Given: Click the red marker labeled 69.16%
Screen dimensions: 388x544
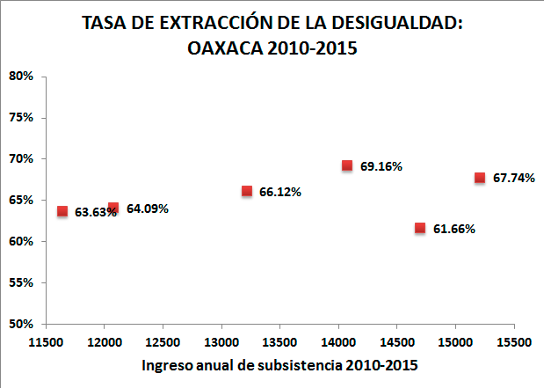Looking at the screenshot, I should tap(347, 165).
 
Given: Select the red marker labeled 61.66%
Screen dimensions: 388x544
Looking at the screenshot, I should tap(420, 228).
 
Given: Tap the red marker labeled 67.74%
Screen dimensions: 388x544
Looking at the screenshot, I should tap(480, 178).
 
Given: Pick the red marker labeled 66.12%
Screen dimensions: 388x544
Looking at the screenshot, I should tap(247, 191).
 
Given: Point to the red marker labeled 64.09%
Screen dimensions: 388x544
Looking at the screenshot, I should tap(113, 208).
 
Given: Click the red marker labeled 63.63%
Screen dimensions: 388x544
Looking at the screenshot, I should tap(62, 211).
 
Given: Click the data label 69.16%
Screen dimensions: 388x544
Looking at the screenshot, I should tap(381, 166).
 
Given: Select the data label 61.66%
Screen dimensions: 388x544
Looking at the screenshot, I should tap(454, 229).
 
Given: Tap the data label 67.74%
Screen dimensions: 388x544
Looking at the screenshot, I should tap(514, 178).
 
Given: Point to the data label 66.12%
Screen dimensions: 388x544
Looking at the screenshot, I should tap(280, 192).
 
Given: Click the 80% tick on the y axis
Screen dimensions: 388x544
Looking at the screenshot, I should tap(21, 77).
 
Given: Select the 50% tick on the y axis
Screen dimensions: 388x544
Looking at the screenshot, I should tap(21, 324).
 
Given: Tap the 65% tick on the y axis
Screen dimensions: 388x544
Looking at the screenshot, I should tap(21, 201).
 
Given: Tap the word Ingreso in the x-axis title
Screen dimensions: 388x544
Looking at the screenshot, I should tap(168, 364).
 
